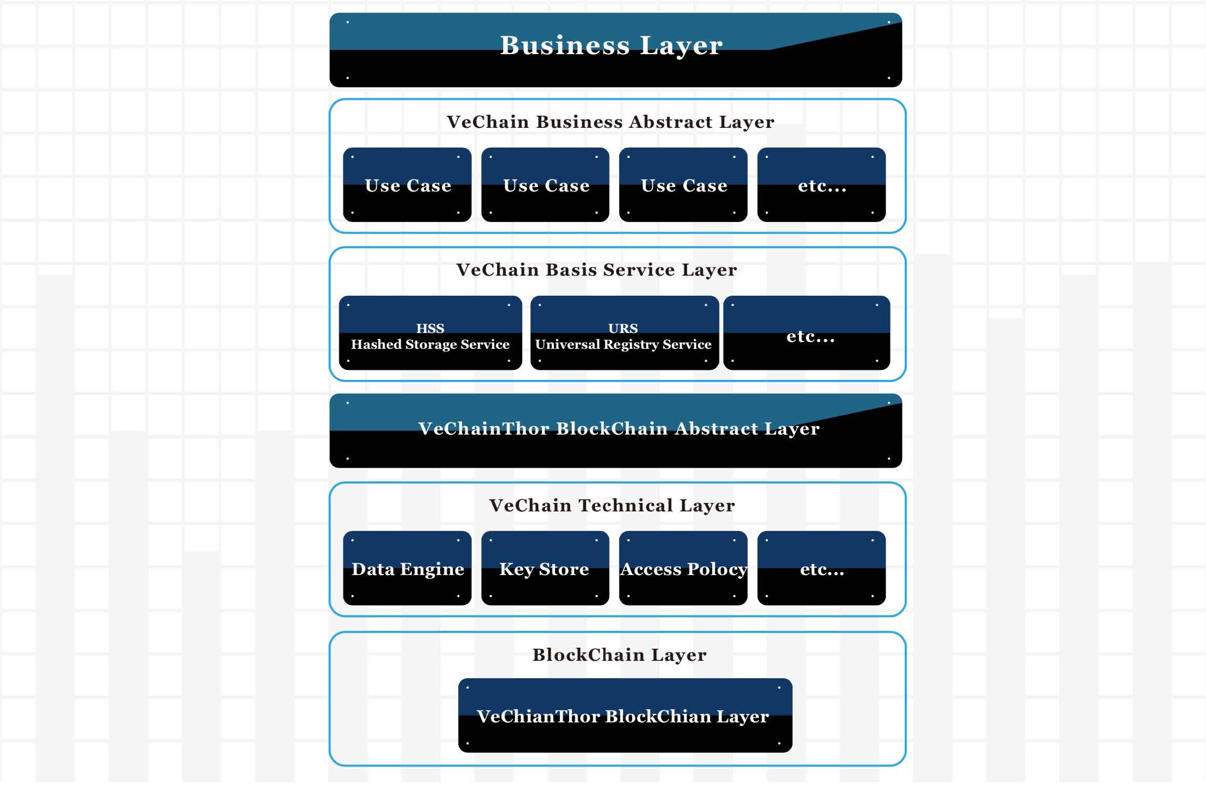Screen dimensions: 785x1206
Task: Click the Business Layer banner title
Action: click(611, 46)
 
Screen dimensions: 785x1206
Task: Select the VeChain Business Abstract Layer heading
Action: click(610, 122)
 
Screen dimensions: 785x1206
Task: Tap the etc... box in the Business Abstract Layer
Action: click(822, 185)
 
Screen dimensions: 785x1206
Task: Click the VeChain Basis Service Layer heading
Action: click(596, 270)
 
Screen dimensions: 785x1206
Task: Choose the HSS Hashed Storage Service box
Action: click(430, 333)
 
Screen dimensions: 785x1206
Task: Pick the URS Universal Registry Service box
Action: click(624, 333)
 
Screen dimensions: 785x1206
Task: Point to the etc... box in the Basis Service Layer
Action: click(807, 333)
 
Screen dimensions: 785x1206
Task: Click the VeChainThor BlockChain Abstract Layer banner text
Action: click(619, 429)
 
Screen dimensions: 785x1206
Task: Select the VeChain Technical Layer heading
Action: click(612, 506)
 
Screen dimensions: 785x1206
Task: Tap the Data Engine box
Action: click(407, 568)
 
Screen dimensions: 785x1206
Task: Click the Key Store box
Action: click(545, 568)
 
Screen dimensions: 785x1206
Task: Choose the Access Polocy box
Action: click(683, 568)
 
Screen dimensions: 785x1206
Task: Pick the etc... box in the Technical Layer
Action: click(822, 568)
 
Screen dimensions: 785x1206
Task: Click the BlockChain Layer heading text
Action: click(619, 655)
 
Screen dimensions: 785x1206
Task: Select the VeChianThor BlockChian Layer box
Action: click(625, 716)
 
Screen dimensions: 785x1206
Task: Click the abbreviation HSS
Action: click(430, 328)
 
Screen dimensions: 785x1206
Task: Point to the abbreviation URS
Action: click(623, 328)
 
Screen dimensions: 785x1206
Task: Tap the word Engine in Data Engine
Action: click(432, 570)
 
